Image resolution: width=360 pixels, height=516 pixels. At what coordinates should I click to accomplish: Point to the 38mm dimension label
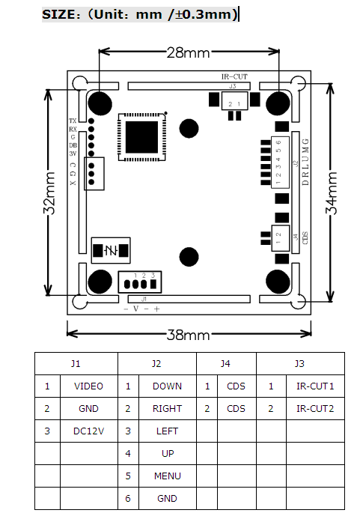[x=188, y=335]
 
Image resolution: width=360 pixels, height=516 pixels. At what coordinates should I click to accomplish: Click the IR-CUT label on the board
[x=234, y=76]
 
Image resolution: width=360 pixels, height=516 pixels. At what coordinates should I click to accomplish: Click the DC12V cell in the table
[x=89, y=431]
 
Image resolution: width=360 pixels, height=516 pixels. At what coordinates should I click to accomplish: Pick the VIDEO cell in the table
[x=89, y=386]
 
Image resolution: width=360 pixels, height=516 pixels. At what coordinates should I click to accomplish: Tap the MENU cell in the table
[x=167, y=476]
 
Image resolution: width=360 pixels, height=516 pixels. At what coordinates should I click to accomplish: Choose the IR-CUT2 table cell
[x=315, y=409]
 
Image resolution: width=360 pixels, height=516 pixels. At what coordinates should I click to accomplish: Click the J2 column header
[x=156, y=364]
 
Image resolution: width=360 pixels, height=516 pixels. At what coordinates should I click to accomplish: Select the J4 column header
[x=225, y=364]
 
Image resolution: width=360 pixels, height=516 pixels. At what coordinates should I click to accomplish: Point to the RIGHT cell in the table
[x=167, y=409]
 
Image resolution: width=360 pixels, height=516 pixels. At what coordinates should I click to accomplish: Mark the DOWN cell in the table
[x=167, y=386]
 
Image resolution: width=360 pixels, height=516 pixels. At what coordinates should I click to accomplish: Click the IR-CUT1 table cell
[x=315, y=386]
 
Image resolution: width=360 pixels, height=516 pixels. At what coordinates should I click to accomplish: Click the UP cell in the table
[x=167, y=453]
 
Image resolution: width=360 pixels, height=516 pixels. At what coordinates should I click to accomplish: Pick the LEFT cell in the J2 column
[x=167, y=431]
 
